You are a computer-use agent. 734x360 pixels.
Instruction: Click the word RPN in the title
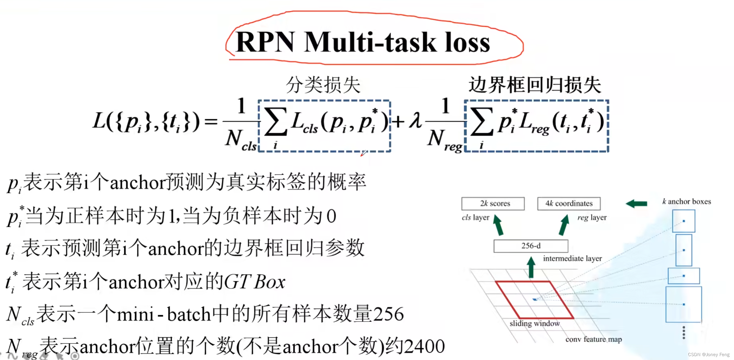tap(266, 42)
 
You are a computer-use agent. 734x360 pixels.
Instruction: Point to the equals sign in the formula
tap(211, 121)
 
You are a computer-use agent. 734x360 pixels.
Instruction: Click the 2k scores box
tap(493, 204)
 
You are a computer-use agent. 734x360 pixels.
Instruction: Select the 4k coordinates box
tap(569, 204)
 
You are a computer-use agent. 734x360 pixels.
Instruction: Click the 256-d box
tap(531, 246)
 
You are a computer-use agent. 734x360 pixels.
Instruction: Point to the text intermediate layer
tap(572, 259)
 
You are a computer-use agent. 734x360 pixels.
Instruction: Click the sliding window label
tap(534, 324)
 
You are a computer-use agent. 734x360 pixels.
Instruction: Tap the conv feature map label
tap(593, 339)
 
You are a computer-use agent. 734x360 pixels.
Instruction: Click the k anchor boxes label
tap(687, 202)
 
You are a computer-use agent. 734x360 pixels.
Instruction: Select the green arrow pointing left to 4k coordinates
tap(636, 204)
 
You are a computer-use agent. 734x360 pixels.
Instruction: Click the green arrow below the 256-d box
tap(531, 267)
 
